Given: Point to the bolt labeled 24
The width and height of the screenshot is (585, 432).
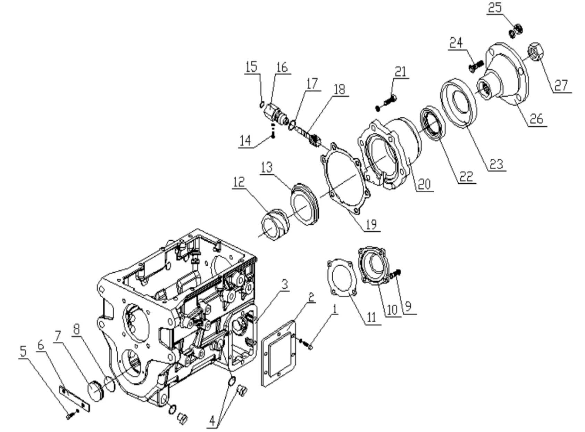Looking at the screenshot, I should [x=476, y=66].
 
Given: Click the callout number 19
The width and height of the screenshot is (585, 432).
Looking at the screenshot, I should [x=371, y=224].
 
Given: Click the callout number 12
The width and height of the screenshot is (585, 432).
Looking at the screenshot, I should [x=239, y=182].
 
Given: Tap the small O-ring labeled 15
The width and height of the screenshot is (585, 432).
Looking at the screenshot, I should [x=262, y=103].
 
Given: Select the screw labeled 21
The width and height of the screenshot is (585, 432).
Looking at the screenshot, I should [x=387, y=101].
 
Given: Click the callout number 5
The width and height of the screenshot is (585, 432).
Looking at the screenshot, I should [x=23, y=351].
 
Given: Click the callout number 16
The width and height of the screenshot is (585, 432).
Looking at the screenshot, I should [x=282, y=67].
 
